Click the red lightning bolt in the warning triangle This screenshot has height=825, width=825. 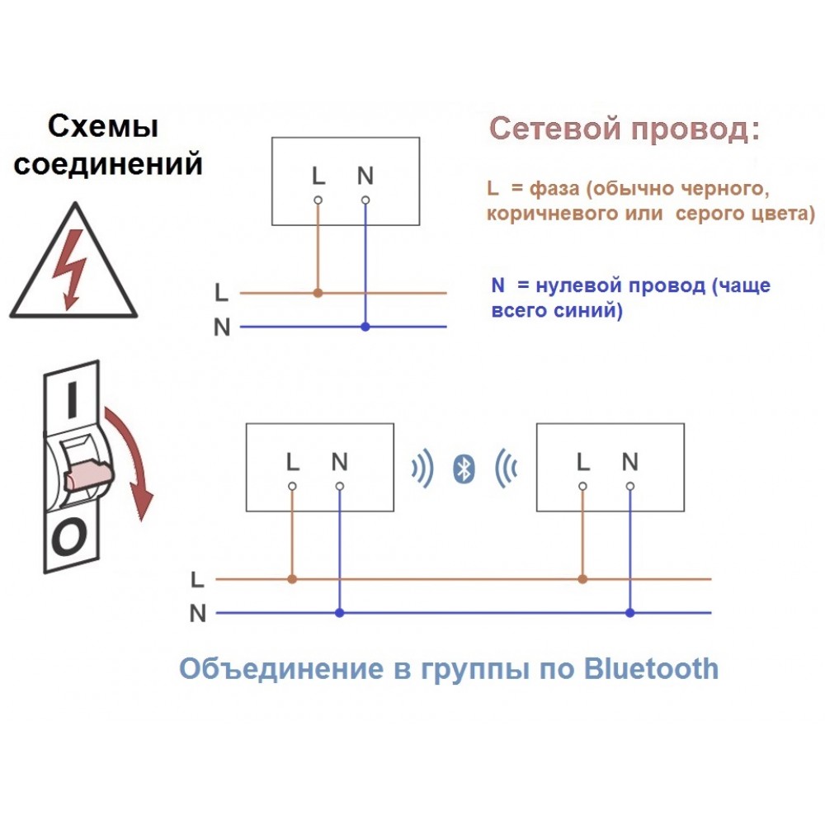[x=70, y=268]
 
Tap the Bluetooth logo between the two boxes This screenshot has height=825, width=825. [x=464, y=469]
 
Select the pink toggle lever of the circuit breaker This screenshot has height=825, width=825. [x=88, y=475]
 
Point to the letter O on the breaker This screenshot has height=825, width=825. [x=69, y=538]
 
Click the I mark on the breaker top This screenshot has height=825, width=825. [x=72, y=400]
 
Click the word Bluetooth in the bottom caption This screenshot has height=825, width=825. [x=652, y=669]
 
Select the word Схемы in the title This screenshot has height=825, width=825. [x=103, y=127]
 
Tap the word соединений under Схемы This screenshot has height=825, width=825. [x=108, y=163]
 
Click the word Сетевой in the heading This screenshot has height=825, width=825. [x=555, y=128]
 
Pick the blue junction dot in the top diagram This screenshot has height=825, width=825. [x=365, y=327]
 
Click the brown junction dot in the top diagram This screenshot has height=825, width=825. [x=318, y=293]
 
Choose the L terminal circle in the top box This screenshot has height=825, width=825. [x=318, y=200]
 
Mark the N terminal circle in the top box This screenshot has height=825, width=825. [x=365, y=200]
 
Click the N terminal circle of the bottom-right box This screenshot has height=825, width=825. [x=630, y=486]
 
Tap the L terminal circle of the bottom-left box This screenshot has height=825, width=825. [x=293, y=486]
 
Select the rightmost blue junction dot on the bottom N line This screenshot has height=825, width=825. [x=630, y=613]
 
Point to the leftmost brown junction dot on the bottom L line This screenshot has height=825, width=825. [x=293, y=579]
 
